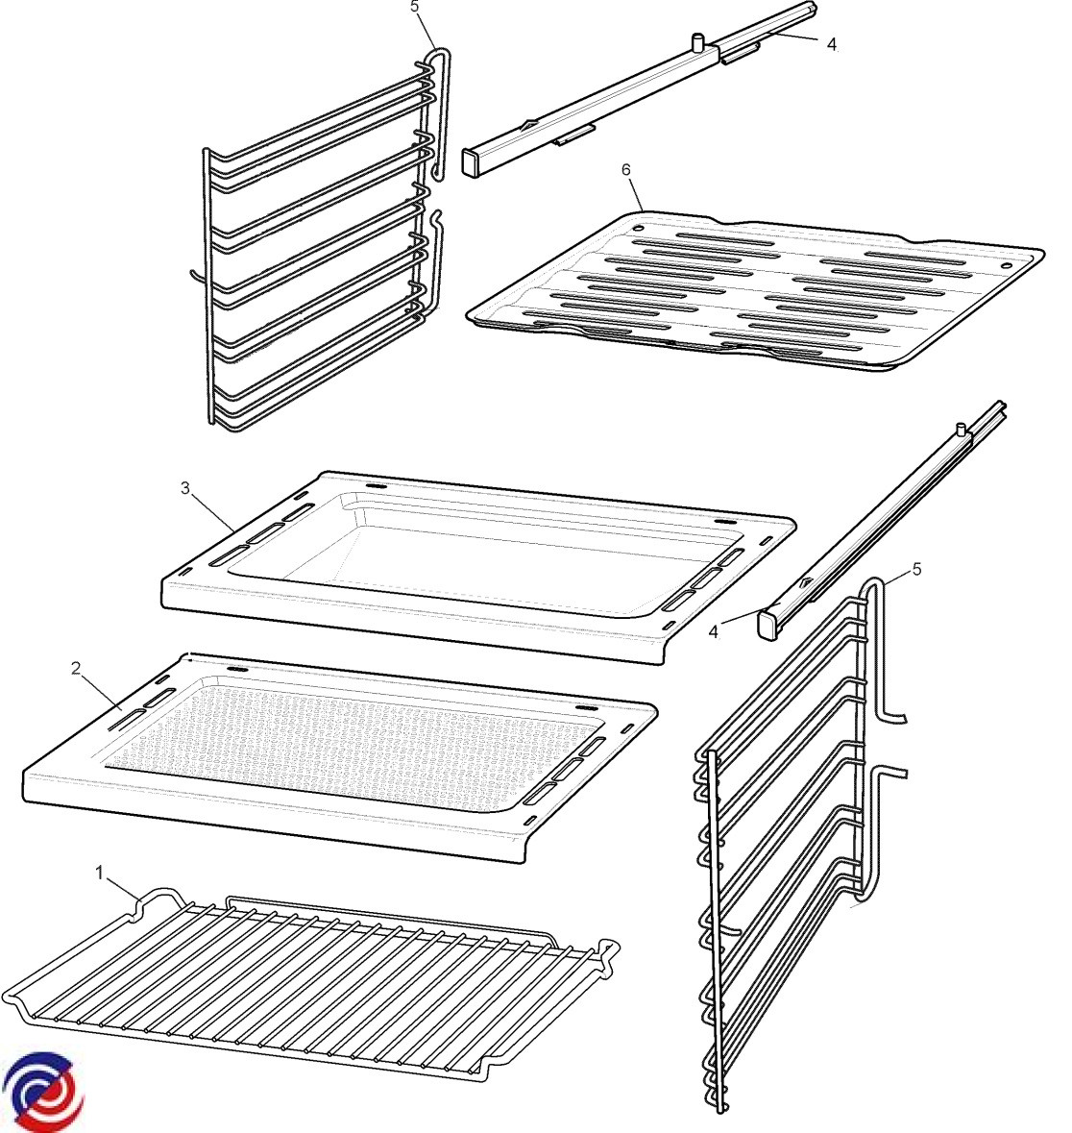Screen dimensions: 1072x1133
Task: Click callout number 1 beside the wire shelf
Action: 100,873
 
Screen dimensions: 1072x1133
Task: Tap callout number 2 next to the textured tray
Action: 76,669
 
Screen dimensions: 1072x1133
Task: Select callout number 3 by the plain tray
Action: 185,488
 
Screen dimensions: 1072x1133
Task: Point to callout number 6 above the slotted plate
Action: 625,169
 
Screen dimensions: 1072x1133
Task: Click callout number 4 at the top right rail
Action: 832,44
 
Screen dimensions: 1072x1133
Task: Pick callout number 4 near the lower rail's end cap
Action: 714,631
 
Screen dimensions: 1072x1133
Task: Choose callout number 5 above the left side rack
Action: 415,7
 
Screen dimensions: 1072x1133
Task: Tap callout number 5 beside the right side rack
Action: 916,569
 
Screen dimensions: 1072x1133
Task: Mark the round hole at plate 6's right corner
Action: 1006,267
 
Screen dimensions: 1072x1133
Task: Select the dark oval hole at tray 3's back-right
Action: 721,523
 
